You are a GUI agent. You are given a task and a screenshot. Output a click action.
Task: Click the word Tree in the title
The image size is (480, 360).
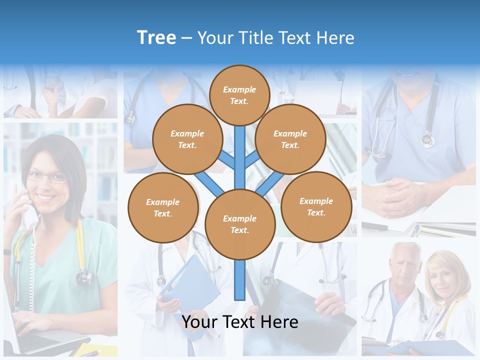coord(156,38)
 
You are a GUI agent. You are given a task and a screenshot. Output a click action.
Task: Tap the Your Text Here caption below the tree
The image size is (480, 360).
coord(240,322)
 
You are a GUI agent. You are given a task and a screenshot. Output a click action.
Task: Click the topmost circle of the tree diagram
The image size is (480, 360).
coord(239,95)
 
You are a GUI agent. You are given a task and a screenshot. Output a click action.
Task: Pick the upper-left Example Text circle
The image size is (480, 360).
coord(187,139)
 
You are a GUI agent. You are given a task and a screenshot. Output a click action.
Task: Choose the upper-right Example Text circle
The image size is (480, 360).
coord(290,139)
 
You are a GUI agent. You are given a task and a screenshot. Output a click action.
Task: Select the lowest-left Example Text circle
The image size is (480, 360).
coord(163,207)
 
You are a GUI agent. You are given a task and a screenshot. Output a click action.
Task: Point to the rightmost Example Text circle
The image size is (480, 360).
coord(316,206)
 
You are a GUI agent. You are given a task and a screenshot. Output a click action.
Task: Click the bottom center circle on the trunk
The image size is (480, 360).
coord(240,224)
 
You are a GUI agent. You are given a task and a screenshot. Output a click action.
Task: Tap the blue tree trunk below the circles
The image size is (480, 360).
coord(240,280)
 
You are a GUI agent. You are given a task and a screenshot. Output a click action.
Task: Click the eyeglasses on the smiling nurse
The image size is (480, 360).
coord(46,176)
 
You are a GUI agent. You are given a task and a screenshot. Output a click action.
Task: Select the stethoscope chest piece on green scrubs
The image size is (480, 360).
coord(84,275)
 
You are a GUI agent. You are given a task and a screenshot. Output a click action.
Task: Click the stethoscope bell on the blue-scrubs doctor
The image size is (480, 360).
coord(427,140)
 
